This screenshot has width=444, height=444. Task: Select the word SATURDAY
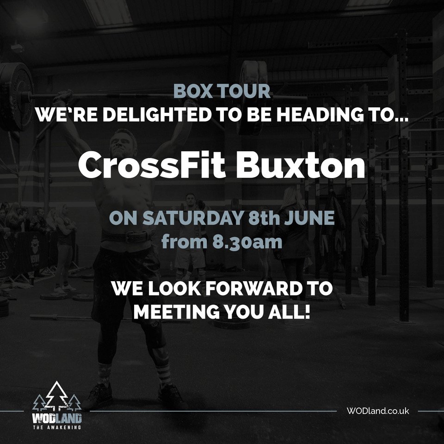point(180,219)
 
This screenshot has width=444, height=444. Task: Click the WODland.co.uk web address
point(377,411)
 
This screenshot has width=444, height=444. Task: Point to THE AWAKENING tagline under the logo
point(57,427)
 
